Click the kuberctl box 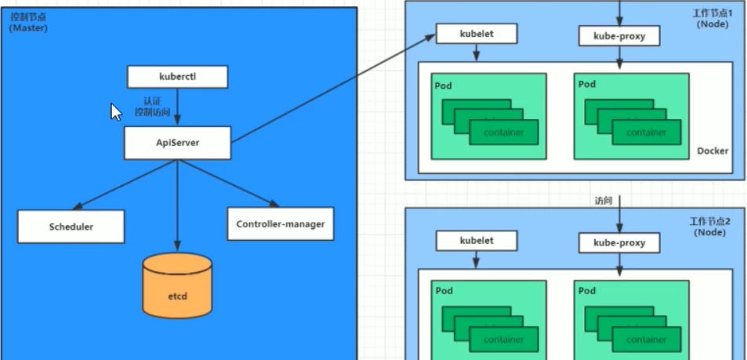pyautogui.click(x=177, y=77)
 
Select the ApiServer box pyautogui.click(x=177, y=143)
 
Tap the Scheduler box pyautogui.click(x=71, y=226)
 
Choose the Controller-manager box pyautogui.click(x=280, y=224)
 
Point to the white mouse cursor pyautogui.click(x=115, y=112)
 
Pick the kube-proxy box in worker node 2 pyautogui.click(x=619, y=243)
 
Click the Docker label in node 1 pyautogui.click(x=712, y=151)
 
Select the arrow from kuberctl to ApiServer pyautogui.click(x=177, y=107)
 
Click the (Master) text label pyautogui.click(x=29, y=28)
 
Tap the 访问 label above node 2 pyautogui.click(x=604, y=201)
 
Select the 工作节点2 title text pyautogui.click(x=711, y=222)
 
